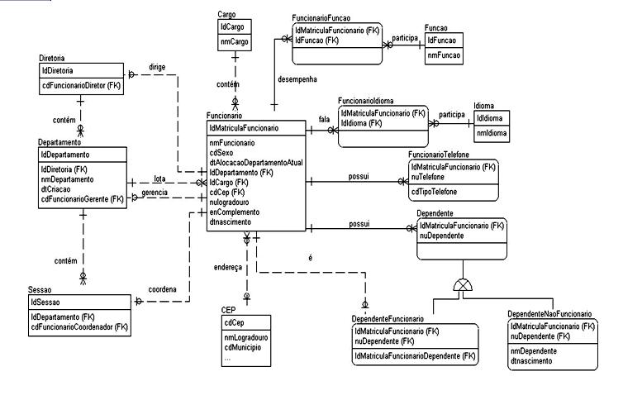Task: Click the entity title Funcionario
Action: (x=225, y=116)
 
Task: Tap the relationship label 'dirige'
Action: (x=157, y=68)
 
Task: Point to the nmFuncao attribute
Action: (x=444, y=56)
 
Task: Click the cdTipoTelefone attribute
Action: (x=438, y=192)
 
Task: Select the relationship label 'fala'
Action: (x=324, y=119)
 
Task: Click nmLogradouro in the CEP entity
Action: (x=245, y=338)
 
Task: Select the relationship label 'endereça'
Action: (x=228, y=268)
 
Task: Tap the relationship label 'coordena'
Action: (x=164, y=288)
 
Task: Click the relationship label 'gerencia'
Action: (x=155, y=193)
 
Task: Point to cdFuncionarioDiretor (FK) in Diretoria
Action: (x=82, y=84)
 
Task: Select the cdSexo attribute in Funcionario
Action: (x=221, y=153)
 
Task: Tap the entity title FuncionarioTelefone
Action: (x=446, y=155)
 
